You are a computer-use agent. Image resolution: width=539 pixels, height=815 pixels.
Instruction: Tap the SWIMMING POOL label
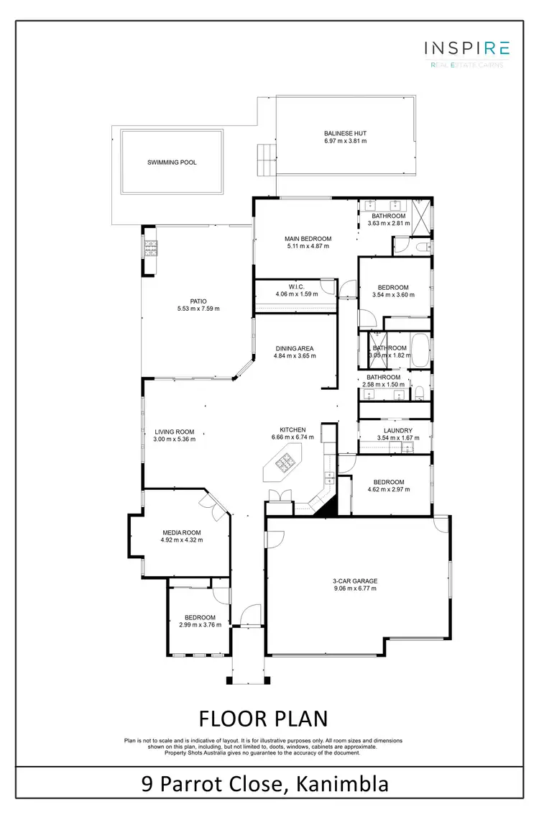point(172,163)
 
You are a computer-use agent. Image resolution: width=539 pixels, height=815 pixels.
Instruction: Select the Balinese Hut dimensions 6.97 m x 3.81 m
point(345,142)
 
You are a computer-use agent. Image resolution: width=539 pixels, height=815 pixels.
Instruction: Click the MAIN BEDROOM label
point(308,239)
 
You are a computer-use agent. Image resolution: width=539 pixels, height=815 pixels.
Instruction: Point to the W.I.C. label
point(296,286)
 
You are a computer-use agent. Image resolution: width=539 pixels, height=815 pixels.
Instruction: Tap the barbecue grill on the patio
point(152,250)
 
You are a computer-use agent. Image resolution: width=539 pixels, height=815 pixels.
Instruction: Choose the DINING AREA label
point(293,348)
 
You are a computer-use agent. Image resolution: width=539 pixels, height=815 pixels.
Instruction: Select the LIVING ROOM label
point(175,432)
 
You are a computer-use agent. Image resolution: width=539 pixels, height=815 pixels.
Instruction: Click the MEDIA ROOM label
point(182,532)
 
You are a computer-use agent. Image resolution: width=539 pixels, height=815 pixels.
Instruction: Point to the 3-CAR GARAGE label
point(355,580)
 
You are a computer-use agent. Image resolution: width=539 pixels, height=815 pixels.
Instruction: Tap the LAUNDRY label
point(397,430)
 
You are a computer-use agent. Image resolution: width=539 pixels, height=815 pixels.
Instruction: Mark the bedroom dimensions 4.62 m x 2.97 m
point(388,490)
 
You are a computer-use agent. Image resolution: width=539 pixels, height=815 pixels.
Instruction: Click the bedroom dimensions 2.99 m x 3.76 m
point(199,625)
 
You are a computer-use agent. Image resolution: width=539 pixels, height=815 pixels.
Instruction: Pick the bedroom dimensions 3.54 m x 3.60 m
point(394,295)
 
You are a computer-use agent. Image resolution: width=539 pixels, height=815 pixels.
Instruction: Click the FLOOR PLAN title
point(262,719)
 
